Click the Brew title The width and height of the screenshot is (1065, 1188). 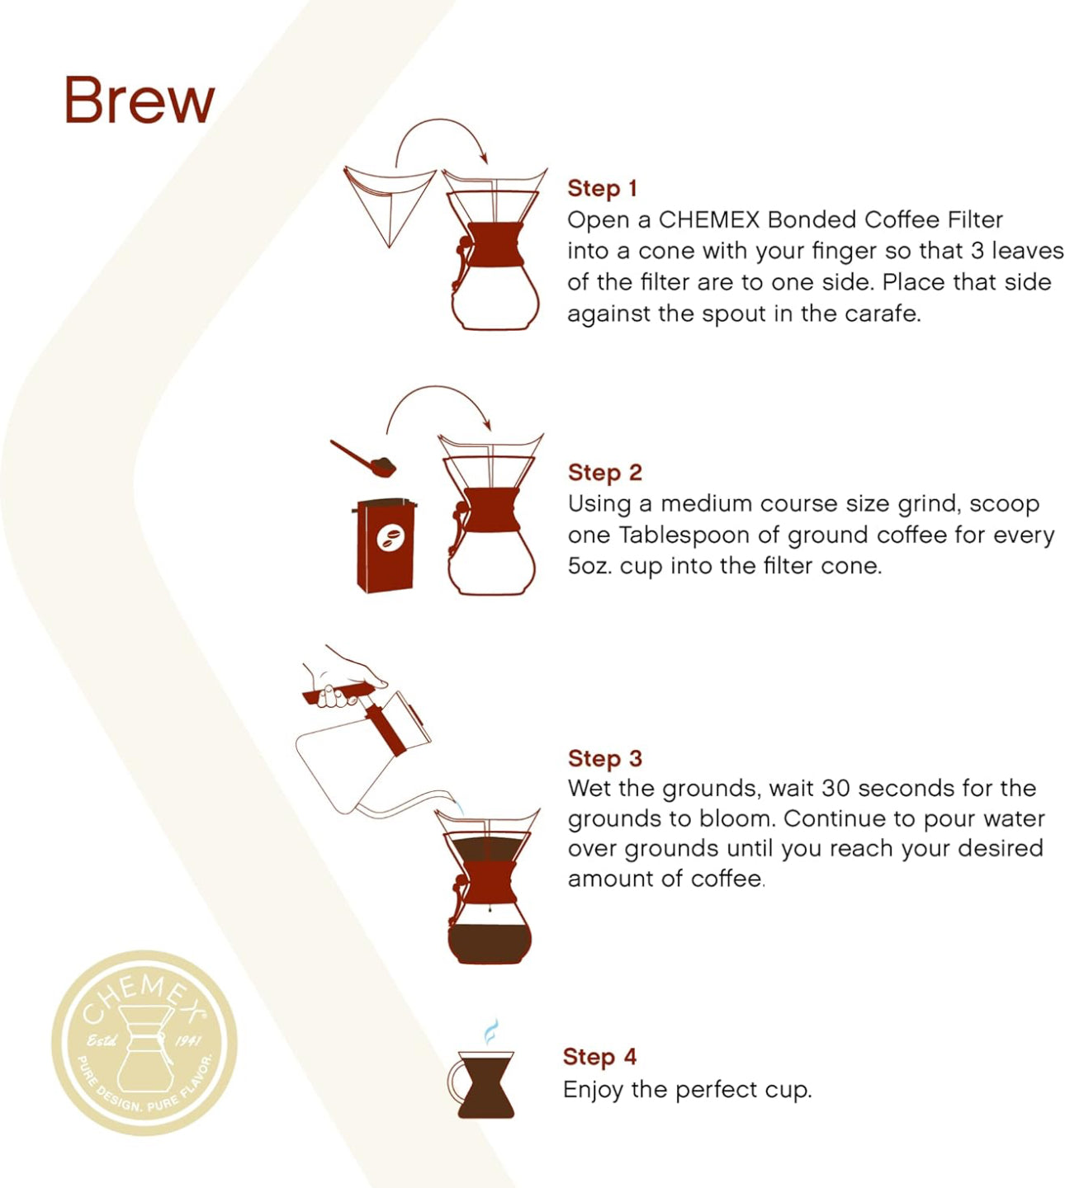(139, 101)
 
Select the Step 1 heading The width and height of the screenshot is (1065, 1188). (602, 188)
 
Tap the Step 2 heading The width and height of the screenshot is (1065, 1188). (604, 472)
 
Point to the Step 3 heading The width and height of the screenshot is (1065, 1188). (604, 758)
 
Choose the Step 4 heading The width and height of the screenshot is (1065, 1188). (599, 1057)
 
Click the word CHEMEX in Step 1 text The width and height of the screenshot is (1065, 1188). (708, 219)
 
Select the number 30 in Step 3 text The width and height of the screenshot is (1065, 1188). (835, 788)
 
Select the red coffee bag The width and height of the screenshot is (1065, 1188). (385, 545)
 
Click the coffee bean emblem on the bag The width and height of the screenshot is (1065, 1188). (390, 539)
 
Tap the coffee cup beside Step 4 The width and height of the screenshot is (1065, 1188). (485, 1084)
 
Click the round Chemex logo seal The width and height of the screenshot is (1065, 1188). (144, 1043)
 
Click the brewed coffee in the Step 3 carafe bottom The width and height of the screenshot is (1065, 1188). (490, 940)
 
